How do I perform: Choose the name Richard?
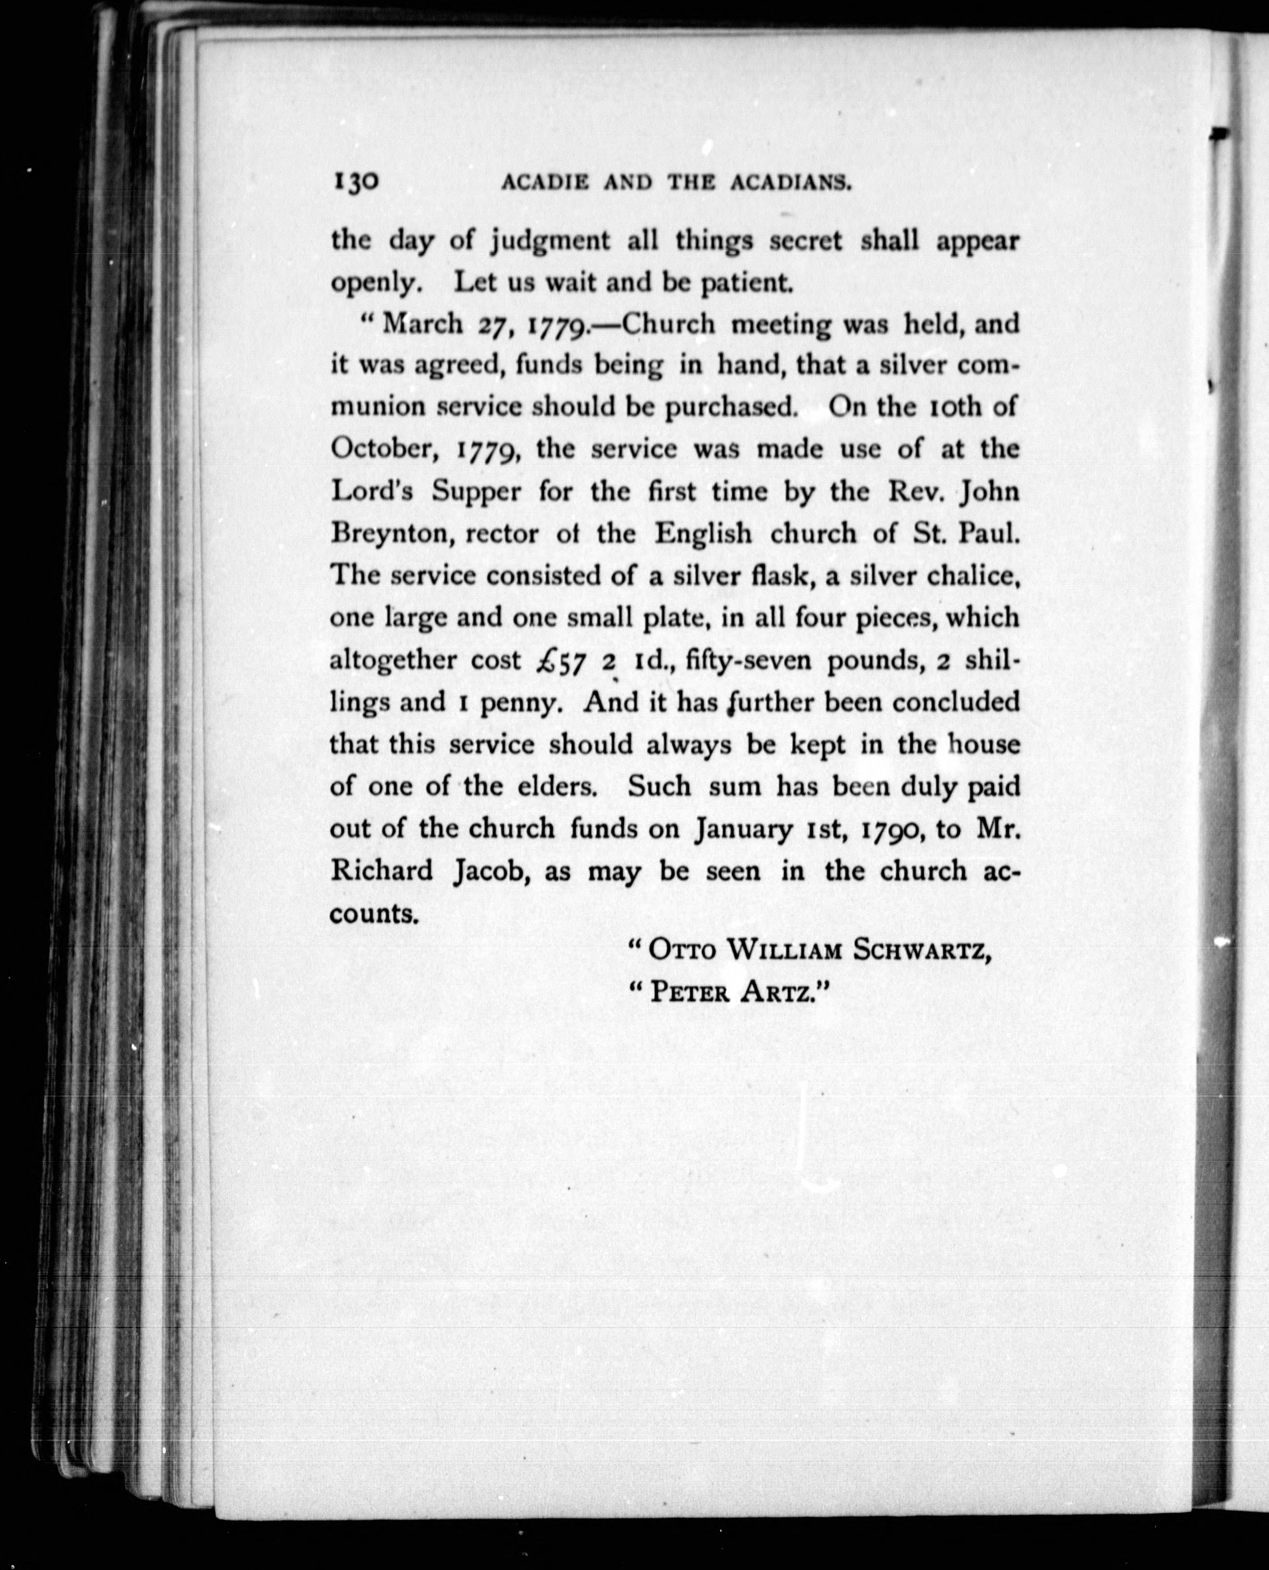click(x=382, y=871)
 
